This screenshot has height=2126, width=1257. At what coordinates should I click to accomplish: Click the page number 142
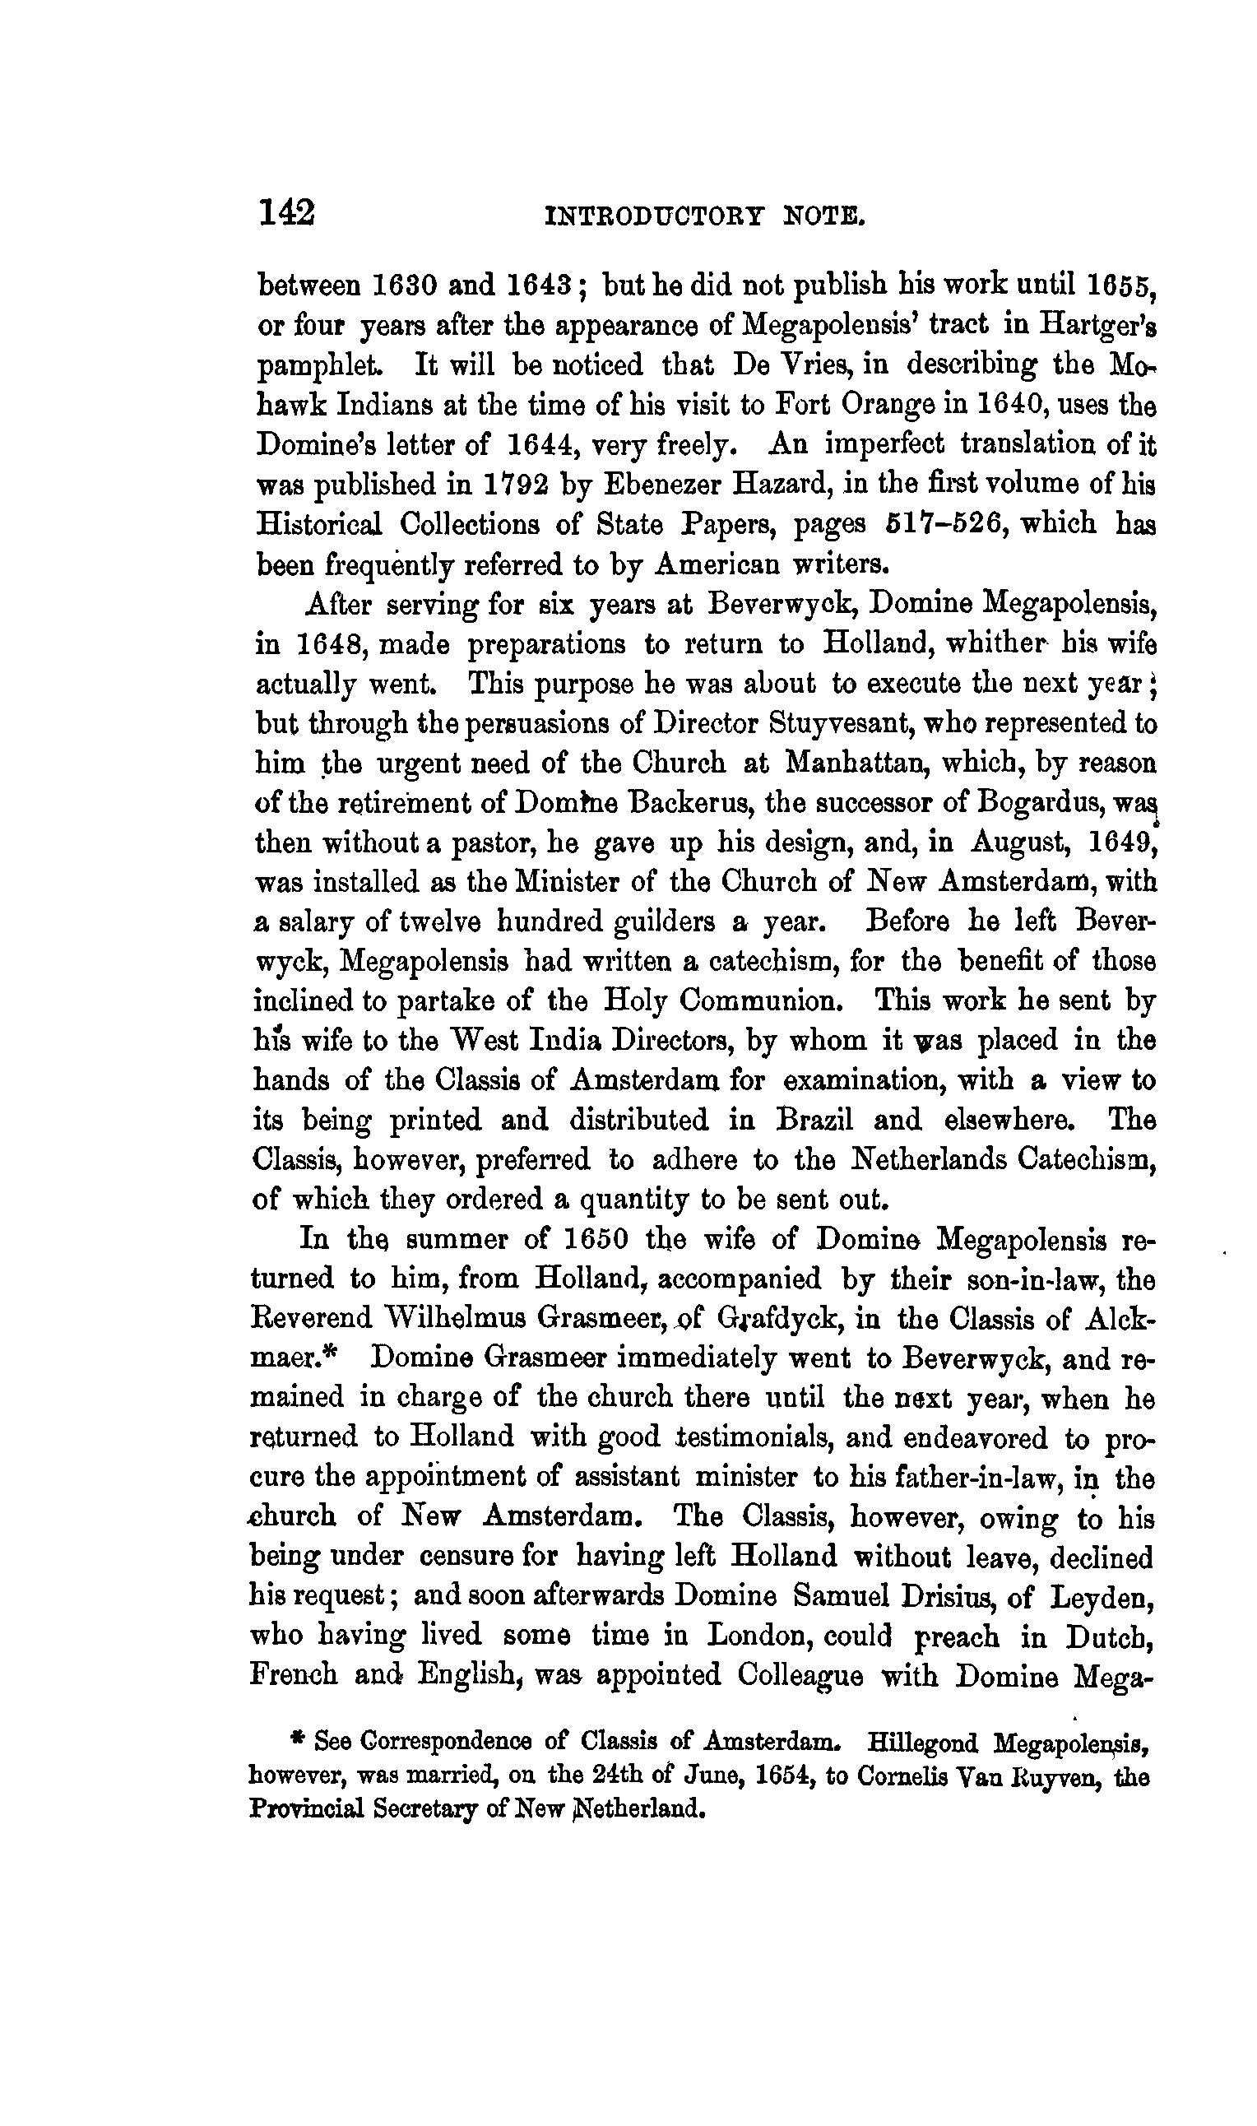point(286,211)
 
